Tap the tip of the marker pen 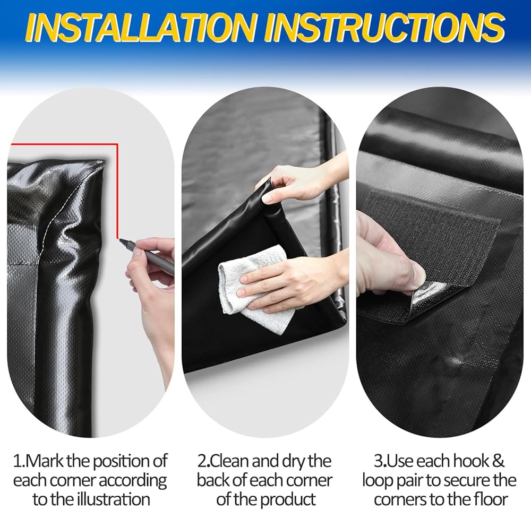[120, 240]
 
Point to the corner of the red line [117, 144]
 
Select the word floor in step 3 [490, 499]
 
